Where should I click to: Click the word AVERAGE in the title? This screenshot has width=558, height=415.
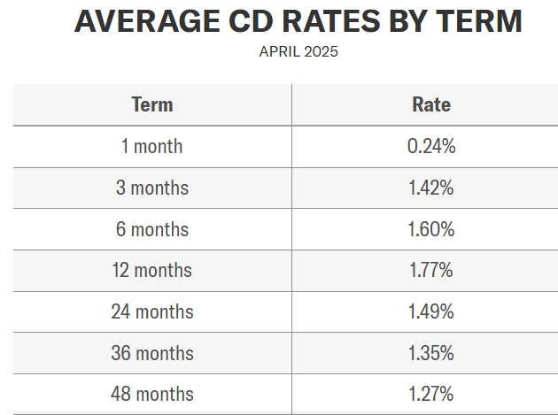point(134,21)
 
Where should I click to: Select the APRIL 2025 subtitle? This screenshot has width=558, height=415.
point(298,51)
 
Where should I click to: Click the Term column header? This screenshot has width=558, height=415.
point(152,104)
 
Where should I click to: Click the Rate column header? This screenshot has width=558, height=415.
point(431,104)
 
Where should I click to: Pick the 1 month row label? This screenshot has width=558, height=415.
point(152,146)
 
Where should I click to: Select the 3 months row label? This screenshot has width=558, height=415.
point(152,188)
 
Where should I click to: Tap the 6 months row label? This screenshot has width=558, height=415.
point(152,229)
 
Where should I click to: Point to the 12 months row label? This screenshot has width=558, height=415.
point(152,270)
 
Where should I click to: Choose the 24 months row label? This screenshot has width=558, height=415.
point(152,311)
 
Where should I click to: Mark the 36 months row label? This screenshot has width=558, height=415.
point(152,353)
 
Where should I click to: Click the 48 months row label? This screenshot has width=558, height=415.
point(152,394)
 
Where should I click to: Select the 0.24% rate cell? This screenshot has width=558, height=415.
point(431,146)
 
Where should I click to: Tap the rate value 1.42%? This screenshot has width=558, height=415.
point(431,188)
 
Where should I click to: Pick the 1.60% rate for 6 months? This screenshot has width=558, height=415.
point(431,229)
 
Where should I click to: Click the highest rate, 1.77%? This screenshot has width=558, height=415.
point(431,270)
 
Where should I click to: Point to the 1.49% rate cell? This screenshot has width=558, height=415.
point(431,311)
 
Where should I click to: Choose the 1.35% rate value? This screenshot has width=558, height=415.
point(431,353)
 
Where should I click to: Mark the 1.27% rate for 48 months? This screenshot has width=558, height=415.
point(431,394)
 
